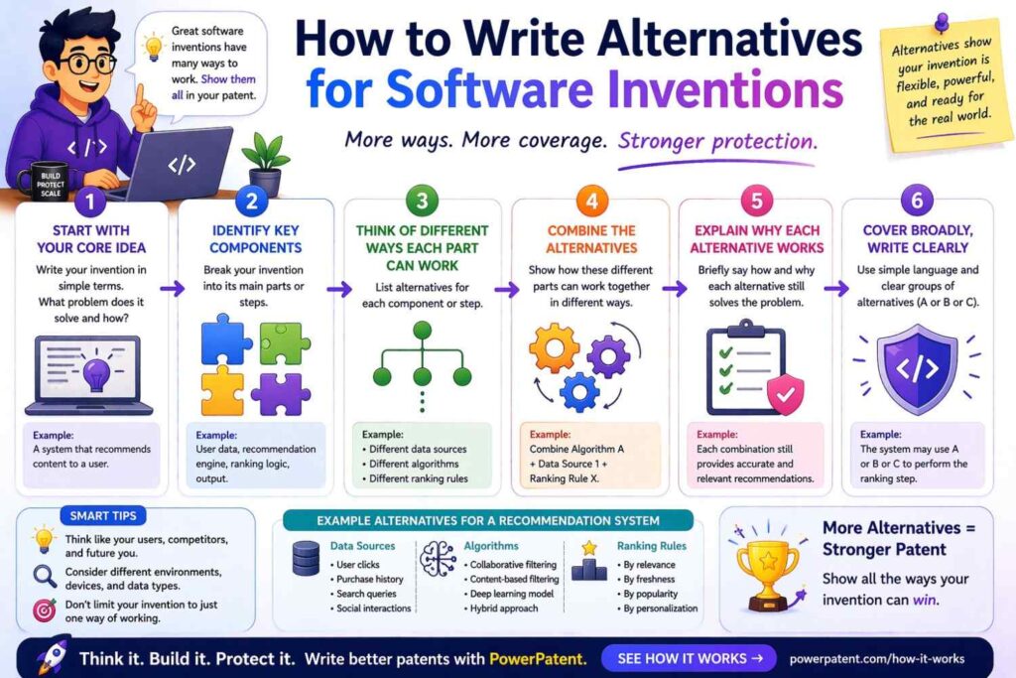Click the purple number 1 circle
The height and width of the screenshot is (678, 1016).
click(90, 203)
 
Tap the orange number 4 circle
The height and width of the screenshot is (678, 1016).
click(591, 203)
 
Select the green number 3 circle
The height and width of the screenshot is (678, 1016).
click(422, 203)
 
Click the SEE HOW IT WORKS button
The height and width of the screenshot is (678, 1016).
click(689, 657)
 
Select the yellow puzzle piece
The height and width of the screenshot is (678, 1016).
click(222, 389)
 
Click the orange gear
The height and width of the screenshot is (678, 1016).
click(553, 347)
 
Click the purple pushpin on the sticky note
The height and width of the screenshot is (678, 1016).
click(941, 22)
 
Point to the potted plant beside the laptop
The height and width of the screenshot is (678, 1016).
click(263, 164)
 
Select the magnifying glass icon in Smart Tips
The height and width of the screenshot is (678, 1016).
click(45, 577)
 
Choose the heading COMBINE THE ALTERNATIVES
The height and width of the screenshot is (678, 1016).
click(591, 238)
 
